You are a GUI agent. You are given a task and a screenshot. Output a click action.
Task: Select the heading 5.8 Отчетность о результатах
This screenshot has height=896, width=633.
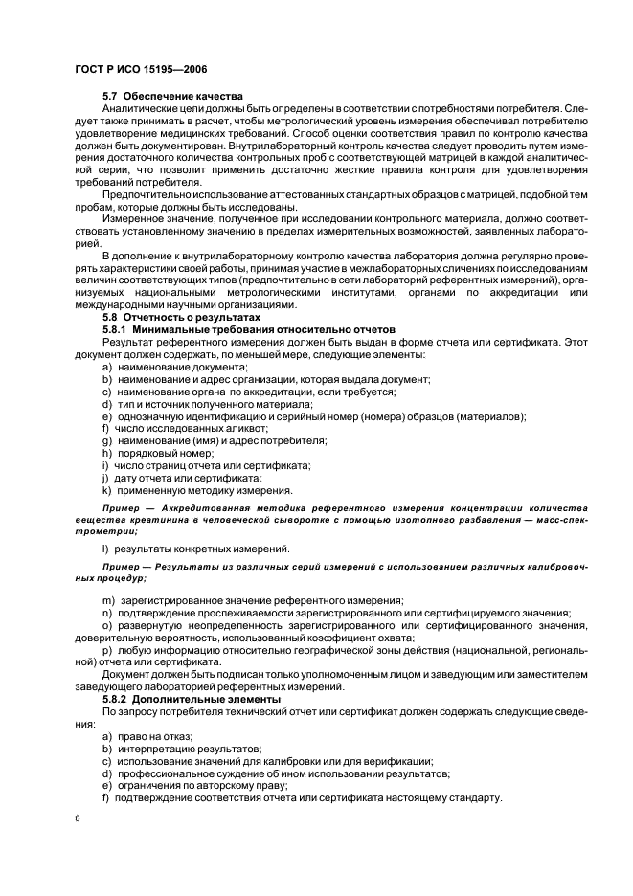click(180, 315)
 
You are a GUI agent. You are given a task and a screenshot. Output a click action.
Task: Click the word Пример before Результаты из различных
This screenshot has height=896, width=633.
click(121, 567)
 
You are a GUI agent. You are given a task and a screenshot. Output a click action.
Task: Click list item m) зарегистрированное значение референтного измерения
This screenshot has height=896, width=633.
click(245, 599)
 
